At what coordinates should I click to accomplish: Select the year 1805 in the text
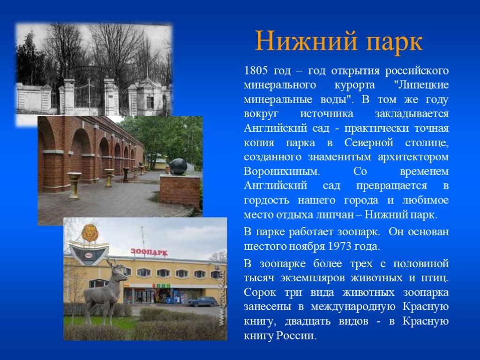256,71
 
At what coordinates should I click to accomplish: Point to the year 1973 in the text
340,246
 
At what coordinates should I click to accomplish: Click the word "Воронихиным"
282,171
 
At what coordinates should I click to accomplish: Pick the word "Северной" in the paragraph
368,142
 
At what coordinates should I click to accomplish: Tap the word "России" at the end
296,336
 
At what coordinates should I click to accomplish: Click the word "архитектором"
413,157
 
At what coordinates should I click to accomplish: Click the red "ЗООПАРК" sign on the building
149,252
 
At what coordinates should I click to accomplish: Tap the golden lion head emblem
90,233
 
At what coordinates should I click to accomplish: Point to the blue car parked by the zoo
203,301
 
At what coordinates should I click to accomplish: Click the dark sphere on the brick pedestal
179,167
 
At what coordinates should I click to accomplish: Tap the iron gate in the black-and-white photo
89,92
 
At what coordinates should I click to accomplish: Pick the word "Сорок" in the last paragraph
260,292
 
